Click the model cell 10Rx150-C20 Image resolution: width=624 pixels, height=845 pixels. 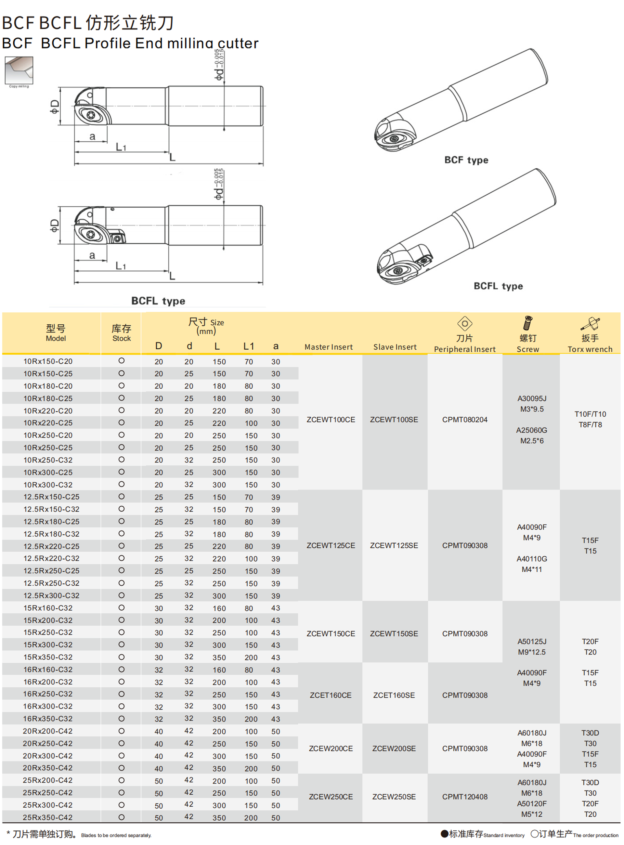click(48, 361)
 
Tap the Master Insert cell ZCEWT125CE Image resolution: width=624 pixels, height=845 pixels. click(331, 545)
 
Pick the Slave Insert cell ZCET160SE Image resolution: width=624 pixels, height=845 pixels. click(394, 695)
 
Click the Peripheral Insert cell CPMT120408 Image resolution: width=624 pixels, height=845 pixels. click(465, 797)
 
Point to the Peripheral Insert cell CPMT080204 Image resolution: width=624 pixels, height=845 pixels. click(465, 420)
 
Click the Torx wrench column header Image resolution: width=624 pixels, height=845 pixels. click(590, 349)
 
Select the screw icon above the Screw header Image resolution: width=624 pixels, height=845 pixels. click(528, 323)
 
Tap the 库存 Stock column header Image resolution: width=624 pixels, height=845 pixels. click(121, 333)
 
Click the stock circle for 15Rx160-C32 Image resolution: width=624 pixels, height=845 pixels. click(121, 608)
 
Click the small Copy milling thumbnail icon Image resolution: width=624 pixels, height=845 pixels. click(19, 71)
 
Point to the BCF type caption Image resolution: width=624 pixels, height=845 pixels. click(466, 160)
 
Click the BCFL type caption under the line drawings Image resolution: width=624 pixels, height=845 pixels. click(158, 301)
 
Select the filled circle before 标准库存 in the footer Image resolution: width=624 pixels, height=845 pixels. click(444, 834)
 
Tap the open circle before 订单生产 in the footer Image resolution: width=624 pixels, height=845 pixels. click(534, 834)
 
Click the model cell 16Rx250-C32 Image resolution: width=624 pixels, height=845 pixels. click(48, 694)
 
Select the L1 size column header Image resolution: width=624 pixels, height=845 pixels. click(249, 346)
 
